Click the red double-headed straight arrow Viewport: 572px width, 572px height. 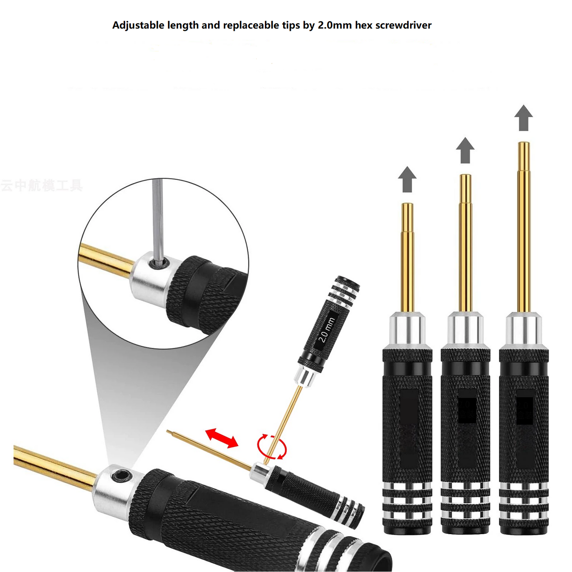click(x=221, y=438)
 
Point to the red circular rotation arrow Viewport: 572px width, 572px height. click(x=272, y=447)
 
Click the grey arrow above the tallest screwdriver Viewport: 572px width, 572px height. click(x=524, y=118)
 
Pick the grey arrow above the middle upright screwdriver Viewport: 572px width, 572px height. click(x=465, y=150)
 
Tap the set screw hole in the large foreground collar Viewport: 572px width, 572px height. click(x=121, y=475)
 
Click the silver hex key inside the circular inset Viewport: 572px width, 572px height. click(x=158, y=220)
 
